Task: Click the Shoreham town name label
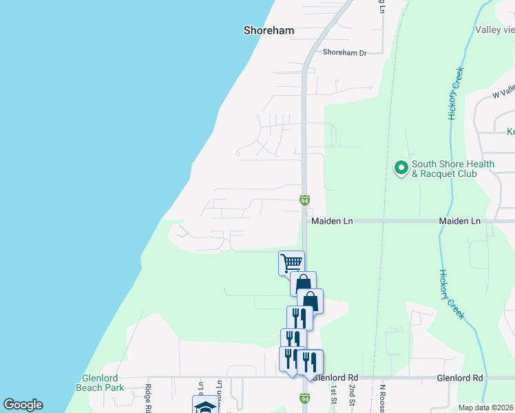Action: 269,30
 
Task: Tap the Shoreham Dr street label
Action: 344,52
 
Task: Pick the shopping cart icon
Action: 291,262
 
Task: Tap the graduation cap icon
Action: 204,406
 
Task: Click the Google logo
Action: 23,405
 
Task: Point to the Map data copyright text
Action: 485,407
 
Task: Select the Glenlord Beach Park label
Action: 100,383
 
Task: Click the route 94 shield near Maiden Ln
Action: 304,200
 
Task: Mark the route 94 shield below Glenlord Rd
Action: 304,398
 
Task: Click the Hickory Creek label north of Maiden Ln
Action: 455,94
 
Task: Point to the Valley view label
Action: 494,30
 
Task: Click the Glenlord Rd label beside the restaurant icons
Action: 336,378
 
